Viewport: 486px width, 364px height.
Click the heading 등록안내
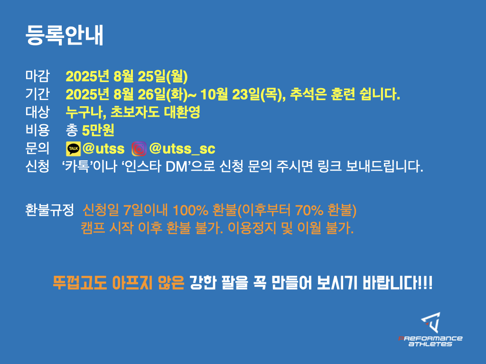tap(64, 35)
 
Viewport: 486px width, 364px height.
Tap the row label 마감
tap(37, 76)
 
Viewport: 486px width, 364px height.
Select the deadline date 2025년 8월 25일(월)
tap(126, 76)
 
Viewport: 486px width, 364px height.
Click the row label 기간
tap(37, 94)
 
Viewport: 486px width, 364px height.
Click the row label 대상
tap(37, 112)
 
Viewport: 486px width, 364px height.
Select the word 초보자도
tap(135, 112)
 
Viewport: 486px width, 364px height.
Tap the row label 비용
tap(37, 130)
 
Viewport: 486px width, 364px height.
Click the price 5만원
tap(98, 130)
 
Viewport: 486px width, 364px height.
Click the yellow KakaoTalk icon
tap(74, 149)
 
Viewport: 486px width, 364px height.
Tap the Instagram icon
tap(139, 149)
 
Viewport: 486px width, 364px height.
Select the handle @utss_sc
tap(182, 149)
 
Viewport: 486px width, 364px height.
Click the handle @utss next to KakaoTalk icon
tap(103, 149)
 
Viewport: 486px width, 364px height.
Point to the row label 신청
tap(37, 166)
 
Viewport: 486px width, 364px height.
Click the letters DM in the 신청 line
tap(177, 166)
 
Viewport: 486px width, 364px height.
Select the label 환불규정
tap(49, 210)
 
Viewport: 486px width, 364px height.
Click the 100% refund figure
tap(190, 210)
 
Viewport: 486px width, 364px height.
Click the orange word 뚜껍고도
tap(80, 282)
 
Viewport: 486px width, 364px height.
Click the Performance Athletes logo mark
tap(431, 322)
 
